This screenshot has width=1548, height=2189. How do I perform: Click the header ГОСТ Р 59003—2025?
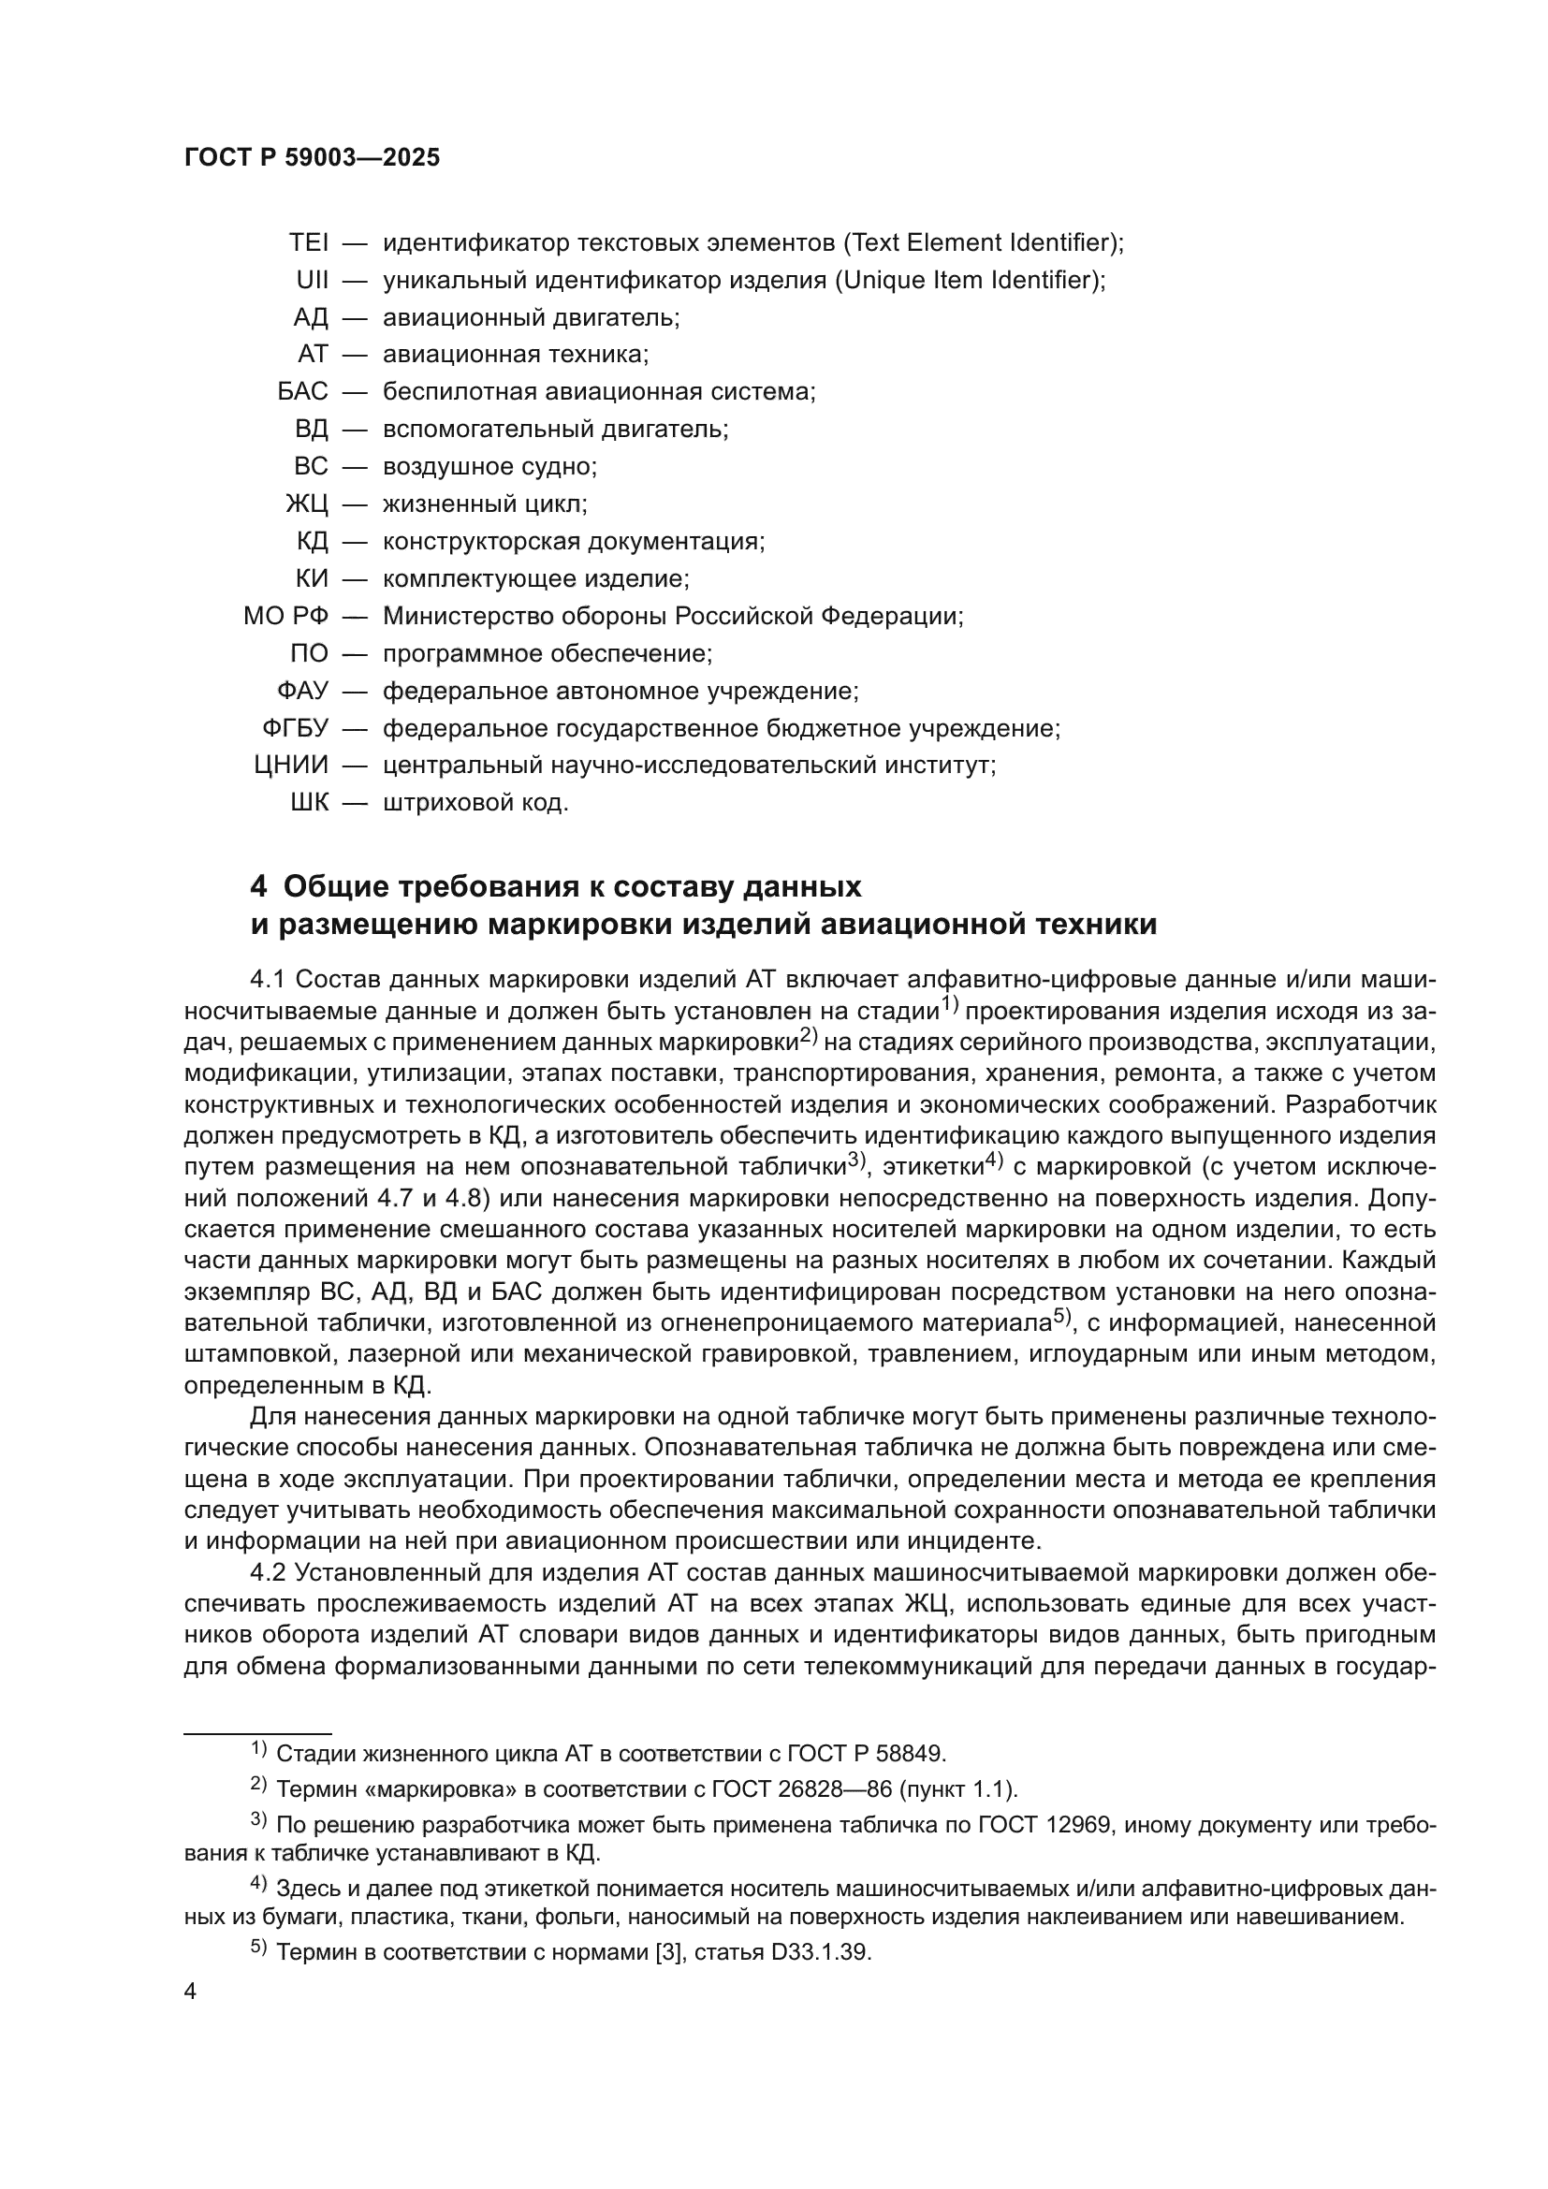click(312, 158)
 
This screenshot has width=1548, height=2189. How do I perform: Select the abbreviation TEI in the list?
click(308, 243)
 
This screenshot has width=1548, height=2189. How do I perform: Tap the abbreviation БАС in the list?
click(302, 392)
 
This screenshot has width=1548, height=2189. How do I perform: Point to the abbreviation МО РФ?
click(285, 617)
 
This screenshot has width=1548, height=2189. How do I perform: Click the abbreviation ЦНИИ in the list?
click(291, 766)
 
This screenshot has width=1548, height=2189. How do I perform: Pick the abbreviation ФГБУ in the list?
click(295, 729)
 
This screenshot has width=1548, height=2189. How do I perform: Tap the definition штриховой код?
click(475, 804)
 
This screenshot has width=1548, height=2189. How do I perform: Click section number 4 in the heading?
click(258, 887)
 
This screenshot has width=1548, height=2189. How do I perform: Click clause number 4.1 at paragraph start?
click(269, 980)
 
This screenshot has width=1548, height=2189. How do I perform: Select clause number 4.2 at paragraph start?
click(269, 1572)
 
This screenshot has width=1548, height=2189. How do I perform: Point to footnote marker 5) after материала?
click(1063, 1319)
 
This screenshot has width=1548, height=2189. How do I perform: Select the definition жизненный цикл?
click(484, 504)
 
